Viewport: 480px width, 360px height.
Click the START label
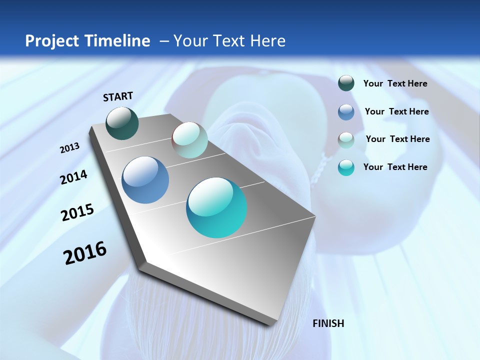click(x=118, y=96)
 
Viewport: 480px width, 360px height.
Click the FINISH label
click(x=328, y=323)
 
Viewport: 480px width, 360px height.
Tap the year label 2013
click(x=69, y=148)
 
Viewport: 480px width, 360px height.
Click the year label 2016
click(x=85, y=253)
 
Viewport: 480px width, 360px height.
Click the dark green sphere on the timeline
click(x=122, y=123)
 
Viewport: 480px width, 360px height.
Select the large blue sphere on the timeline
click(x=145, y=180)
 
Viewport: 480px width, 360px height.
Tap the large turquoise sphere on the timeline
click(x=216, y=207)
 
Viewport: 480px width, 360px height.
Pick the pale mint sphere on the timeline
click(x=189, y=140)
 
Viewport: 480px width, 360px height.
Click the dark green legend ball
click(x=346, y=83)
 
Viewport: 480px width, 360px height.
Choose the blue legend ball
click(x=346, y=112)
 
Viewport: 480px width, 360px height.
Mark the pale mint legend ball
click(x=346, y=139)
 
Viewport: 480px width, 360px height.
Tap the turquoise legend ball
click(x=346, y=167)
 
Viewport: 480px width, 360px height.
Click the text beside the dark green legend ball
click(x=395, y=83)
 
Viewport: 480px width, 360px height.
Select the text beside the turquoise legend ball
click(x=395, y=167)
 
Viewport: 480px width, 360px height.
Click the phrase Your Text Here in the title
click(x=229, y=41)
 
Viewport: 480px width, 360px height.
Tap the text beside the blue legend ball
click(x=396, y=111)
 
